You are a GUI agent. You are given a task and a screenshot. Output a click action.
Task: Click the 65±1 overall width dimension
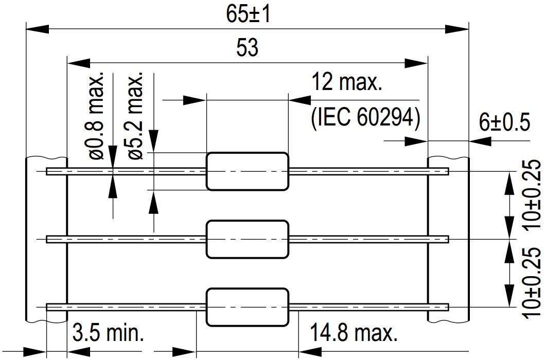[248, 14]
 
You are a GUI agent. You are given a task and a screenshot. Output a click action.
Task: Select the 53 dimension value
[247, 48]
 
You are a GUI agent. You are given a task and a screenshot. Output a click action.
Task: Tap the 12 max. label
[346, 82]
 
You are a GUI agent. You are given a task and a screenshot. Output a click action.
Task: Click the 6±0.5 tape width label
[504, 122]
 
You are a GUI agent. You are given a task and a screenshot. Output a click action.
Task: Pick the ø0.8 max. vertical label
[96, 116]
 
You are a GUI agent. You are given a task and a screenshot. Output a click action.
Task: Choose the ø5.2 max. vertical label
[135, 116]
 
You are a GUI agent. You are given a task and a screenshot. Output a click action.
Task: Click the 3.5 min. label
[108, 333]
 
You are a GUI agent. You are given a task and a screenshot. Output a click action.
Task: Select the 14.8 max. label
[354, 333]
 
